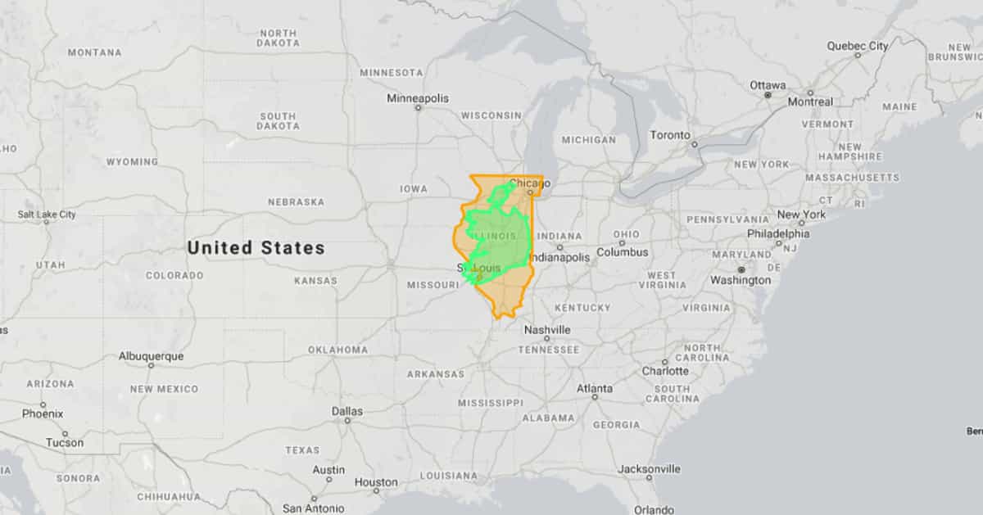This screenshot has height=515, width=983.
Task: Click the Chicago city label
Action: pyautogui.click(x=529, y=183)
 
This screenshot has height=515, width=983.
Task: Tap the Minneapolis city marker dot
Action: pyautogui.click(x=418, y=108)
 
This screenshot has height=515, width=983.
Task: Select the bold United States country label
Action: pyautogui.click(x=256, y=247)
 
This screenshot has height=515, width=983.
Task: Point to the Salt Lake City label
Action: pyautogui.click(x=47, y=215)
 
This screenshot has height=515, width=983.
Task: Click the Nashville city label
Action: pyautogui.click(x=546, y=330)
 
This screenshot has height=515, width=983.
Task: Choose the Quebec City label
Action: pyautogui.click(x=857, y=46)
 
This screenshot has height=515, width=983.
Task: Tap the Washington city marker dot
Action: pyautogui.click(x=741, y=269)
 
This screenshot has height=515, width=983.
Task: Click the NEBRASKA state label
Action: pyautogui.click(x=296, y=202)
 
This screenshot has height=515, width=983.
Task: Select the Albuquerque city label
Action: pyautogui.click(x=151, y=356)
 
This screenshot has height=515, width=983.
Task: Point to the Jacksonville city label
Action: pyautogui.click(x=649, y=469)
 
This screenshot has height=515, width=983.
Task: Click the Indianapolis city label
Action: pyautogui.click(x=559, y=257)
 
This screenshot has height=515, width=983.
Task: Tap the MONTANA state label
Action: pyautogui.click(x=94, y=52)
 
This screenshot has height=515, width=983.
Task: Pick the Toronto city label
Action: pyautogui.click(x=670, y=135)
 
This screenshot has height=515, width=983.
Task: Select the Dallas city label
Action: pyautogui.click(x=347, y=411)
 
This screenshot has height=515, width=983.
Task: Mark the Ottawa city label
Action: pyautogui.click(x=768, y=85)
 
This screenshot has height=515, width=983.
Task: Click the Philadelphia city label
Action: pyautogui.click(x=777, y=233)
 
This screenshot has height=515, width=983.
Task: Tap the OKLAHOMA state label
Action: pyautogui.click(x=337, y=350)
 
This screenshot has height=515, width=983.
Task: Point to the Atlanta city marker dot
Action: pyautogui.click(x=595, y=397)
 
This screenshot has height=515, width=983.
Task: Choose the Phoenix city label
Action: pyautogui.click(x=42, y=413)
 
